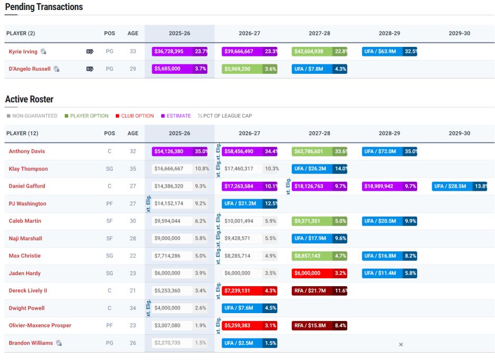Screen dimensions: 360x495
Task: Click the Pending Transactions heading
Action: pos(44,7)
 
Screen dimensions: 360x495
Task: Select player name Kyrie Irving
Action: pos(23,52)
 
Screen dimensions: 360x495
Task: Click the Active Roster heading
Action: pos(29,99)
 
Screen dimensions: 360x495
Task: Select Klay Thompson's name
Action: pos(28,169)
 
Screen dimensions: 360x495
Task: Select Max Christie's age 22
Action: pos(133,256)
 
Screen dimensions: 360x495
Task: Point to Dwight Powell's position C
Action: pos(110,308)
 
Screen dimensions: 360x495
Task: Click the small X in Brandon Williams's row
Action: pos(401,344)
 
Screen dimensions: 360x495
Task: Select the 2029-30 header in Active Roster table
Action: pos(459,133)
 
